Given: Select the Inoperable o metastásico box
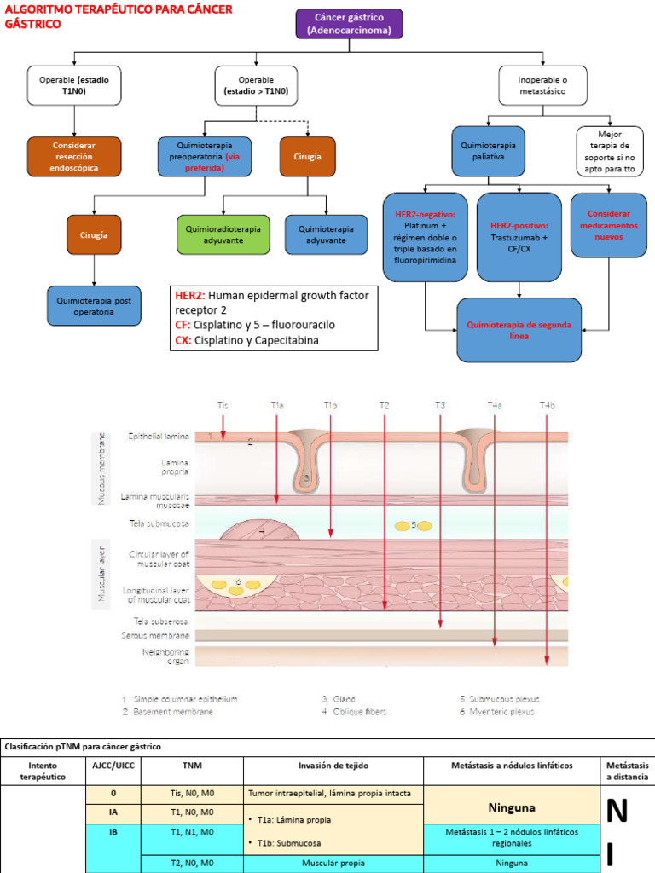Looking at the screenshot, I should pos(542,85).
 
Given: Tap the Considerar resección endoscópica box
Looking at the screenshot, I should pos(73,157).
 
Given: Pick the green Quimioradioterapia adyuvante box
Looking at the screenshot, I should pos(223,235).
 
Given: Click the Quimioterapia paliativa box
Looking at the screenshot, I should pos(489,151).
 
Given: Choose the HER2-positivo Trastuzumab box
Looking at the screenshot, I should pos(519,238).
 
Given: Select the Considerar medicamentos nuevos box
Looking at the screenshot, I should pos(608,225).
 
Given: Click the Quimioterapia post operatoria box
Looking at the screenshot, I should pos(94,306).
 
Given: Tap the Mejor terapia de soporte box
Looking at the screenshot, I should pos(610,151).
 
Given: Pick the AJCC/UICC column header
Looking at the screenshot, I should pos(113,766).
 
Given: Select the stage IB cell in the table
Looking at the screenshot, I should pos(113,831).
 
